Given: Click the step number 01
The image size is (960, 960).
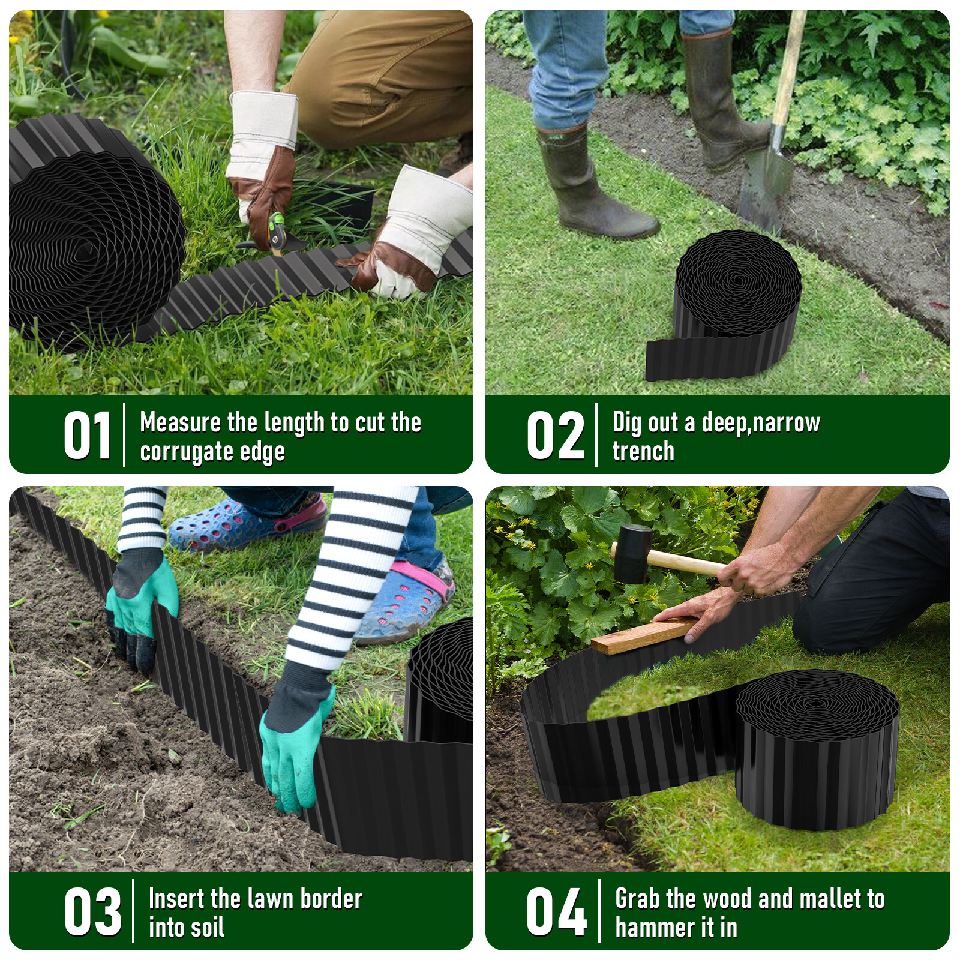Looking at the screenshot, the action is click(88, 435).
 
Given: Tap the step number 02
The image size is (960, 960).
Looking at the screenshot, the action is click(556, 435).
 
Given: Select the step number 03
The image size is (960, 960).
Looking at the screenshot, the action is click(93, 911).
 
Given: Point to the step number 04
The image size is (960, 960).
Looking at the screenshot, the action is click(556, 911).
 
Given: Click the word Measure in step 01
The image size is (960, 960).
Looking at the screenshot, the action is click(180, 422).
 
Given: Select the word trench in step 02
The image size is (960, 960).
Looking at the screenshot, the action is click(643, 451).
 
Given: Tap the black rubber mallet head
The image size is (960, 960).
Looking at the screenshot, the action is click(632, 553).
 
